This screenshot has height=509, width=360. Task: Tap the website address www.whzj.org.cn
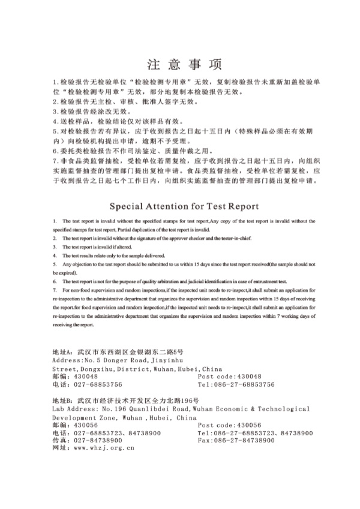tap(103, 447)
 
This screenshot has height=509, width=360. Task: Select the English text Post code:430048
tap(230, 377)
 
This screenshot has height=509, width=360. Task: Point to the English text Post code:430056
tap(230, 424)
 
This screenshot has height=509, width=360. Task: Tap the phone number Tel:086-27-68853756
tap(236, 384)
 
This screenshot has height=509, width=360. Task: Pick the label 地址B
tap(62, 400)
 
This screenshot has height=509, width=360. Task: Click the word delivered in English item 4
tap(144, 255)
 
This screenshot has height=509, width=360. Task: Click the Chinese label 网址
tap(60, 447)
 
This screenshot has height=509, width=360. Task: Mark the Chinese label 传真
tap(60, 440)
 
